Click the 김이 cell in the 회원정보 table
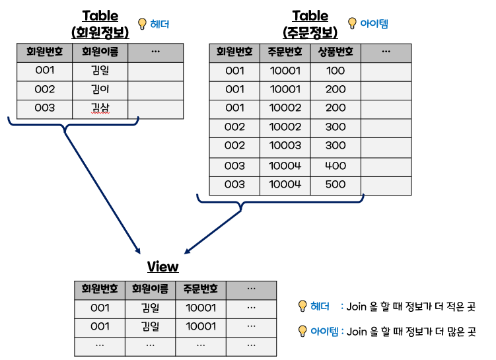point(100,89)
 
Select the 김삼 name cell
point(100,108)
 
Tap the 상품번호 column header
point(336,52)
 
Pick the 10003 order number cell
point(285,145)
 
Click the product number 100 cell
point(336,71)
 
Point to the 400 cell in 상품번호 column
point(336,166)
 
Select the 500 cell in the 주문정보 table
point(336,184)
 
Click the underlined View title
point(162,266)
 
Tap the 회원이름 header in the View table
point(150,289)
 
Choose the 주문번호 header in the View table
point(201,289)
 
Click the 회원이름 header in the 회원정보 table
point(100,52)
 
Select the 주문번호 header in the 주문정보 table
point(285,52)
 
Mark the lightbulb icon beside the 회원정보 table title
point(141,24)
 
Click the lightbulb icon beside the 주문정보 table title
point(351,23)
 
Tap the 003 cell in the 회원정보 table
point(44,108)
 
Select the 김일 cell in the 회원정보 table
point(100,71)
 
